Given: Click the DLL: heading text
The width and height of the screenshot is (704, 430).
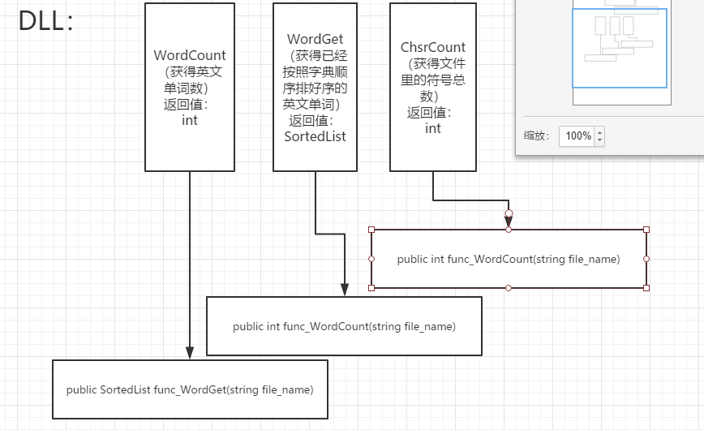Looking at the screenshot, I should click(x=46, y=22).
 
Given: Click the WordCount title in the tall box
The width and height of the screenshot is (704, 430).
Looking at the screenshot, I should click(x=190, y=55).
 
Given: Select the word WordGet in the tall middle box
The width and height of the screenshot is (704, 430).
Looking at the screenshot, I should click(x=316, y=39).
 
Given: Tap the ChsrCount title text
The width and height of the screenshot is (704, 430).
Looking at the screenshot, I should click(x=432, y=48).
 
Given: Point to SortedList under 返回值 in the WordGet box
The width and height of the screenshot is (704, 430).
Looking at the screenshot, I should click(x=315, y=136).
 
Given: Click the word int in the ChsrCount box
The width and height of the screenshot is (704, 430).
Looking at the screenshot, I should click(x=433, y=128).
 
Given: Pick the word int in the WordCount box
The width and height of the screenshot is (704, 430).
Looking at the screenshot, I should click(x=190, y=120).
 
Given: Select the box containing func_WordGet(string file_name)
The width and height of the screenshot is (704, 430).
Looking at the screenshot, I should click(x=190, y=389).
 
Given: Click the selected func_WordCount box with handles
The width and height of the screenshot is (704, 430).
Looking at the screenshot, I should click(x=509, y=260).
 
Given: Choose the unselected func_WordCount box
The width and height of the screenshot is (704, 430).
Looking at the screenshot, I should click(x=344, y=326).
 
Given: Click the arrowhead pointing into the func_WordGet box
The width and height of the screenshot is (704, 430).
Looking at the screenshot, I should click(x=190, y=353).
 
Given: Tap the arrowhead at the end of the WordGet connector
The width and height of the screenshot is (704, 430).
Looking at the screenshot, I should click(x=345, y=290).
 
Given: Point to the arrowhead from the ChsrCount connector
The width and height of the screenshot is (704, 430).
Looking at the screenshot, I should click(x=509, y=221).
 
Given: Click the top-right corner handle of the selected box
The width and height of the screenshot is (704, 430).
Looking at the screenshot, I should click(x=646, y=230).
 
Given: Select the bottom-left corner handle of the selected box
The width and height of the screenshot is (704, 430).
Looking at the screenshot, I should click(x=371, y=288).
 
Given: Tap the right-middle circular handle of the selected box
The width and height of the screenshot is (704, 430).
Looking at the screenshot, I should click(x=646, y=259).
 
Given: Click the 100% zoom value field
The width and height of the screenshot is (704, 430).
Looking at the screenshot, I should click(x=578, y=136).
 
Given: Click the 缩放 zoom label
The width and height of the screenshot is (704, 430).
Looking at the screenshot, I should click(x=536, y=136).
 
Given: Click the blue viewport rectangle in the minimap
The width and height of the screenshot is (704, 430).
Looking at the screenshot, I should click(x=620, y=48).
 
